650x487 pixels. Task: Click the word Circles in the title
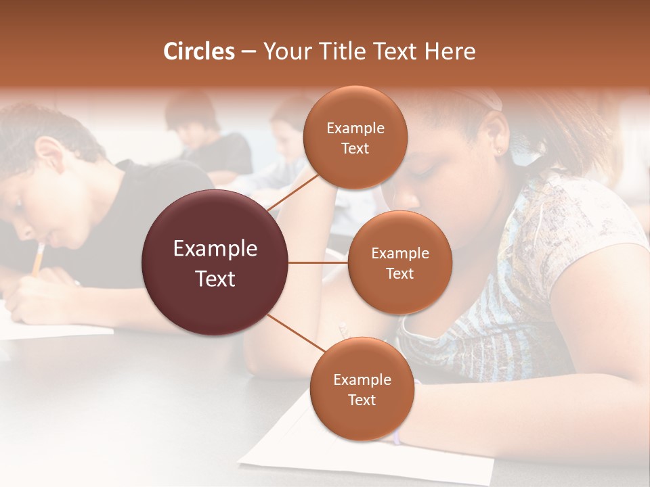(x=199, y=51)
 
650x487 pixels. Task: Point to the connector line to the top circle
(x=292, y=191)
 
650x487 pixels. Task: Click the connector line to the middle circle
(x=318, y=262)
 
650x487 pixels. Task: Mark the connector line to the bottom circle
(x=296, y=333)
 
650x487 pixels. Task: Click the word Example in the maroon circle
(x=215, y=249)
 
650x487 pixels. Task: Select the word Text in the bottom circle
(x=362, y=400)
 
